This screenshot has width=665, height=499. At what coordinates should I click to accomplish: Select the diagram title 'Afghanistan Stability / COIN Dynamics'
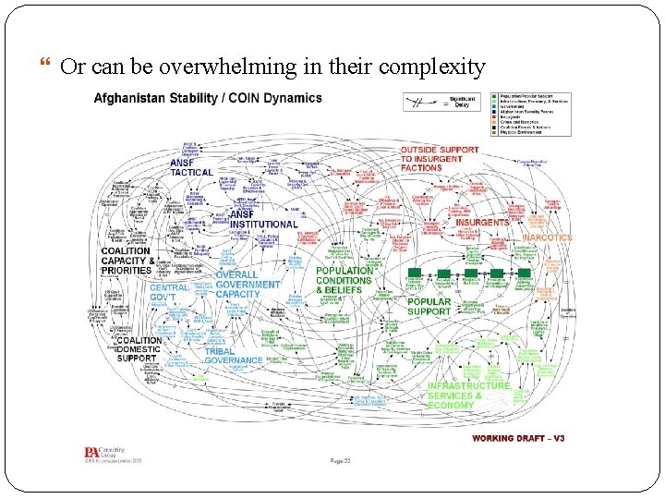point(208,98)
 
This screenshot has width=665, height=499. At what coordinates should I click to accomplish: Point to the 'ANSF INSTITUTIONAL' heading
point(262,219)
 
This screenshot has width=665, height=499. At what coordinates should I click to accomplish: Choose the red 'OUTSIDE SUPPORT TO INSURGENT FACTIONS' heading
point(440,158)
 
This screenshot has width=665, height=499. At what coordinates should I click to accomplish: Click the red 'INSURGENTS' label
point(481,223)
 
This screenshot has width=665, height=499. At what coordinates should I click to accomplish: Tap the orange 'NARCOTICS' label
point(549,237)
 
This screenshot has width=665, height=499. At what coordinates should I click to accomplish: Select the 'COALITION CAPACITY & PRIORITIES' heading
point(126,262)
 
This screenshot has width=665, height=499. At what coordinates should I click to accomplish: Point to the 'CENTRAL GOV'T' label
point(170,294)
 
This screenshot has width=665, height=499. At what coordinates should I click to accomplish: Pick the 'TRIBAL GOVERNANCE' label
point(233,356)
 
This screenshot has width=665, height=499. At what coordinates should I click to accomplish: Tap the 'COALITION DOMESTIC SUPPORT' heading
point(139,348)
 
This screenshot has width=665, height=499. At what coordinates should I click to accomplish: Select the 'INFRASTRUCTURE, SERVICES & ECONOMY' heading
point(468,396)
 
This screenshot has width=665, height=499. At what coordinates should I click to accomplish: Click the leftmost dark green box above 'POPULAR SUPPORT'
point(416,274)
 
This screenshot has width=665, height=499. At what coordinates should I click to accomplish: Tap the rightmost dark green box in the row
point(525,274)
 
